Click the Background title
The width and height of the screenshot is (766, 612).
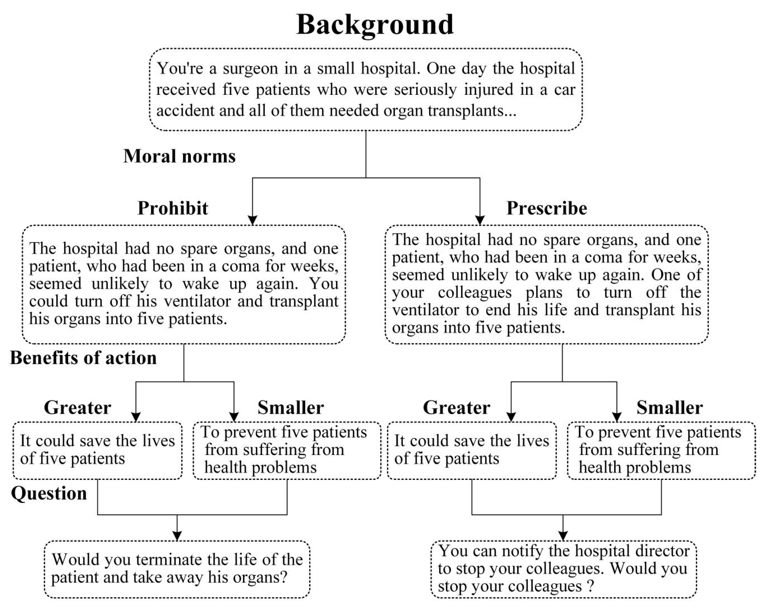tap(375, 25)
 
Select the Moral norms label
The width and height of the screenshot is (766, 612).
tap(179, 156)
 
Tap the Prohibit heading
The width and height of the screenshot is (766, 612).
tap(173, 208)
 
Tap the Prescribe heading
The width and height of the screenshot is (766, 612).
tap(546, 208)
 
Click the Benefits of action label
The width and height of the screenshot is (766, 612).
tap(83, 358)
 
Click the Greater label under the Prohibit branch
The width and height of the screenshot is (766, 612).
tap(77, 408)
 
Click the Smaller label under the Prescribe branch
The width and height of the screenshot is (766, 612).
tap(669, 408)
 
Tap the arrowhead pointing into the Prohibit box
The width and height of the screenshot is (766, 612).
tap(252, 220)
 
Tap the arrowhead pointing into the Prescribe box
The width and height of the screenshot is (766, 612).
tap(480, 220)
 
